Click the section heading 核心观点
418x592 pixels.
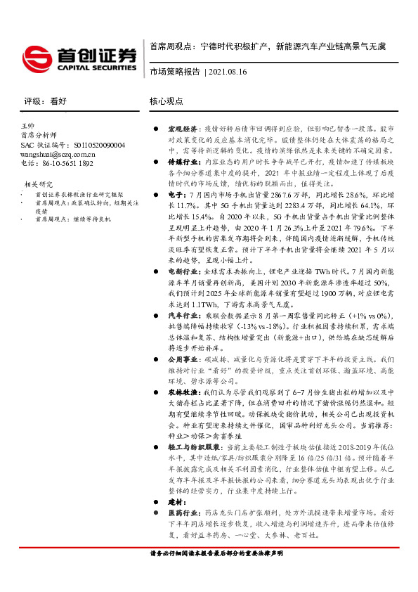(x=166, y=101)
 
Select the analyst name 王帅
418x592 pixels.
(x=28, y=125)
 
